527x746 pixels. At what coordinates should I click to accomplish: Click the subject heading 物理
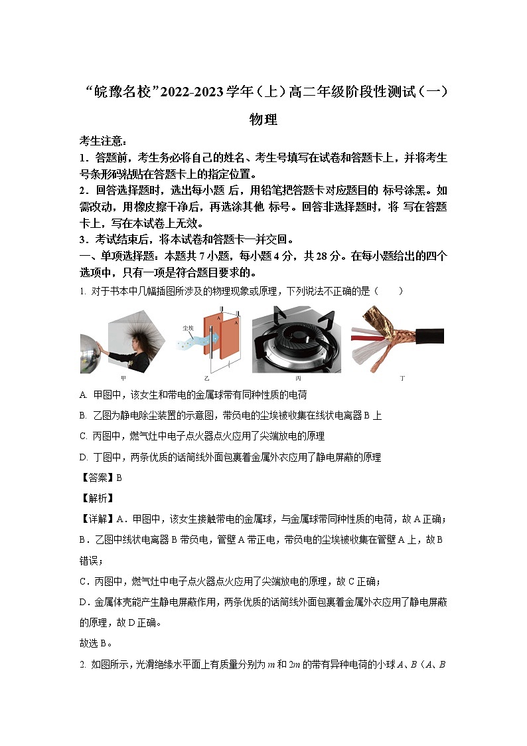(x=263, y=120)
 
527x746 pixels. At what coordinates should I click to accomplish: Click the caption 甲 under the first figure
(x=123, y=378)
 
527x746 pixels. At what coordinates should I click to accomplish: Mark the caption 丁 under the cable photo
(x=402, y=378)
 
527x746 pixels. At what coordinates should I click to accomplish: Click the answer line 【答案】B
(x=100, y=477)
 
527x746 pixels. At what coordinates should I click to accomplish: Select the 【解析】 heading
(x=97, y=498)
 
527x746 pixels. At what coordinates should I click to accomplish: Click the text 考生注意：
(x=103, y=141)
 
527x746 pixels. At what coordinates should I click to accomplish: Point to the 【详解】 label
(x=97, y=518)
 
